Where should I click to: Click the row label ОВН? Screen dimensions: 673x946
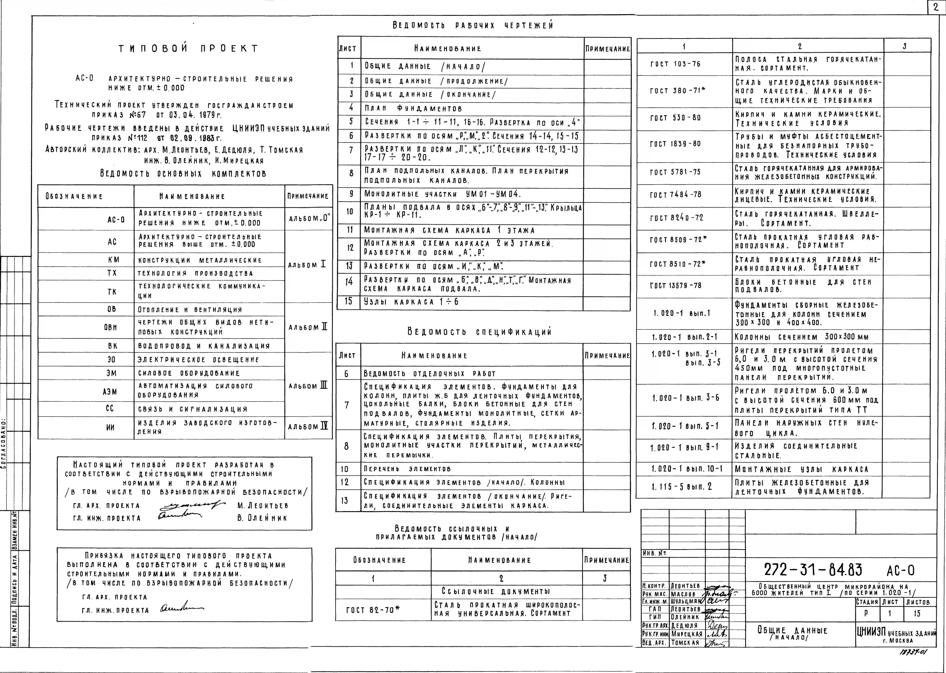(111, 327)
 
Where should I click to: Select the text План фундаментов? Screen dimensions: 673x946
(413, 109)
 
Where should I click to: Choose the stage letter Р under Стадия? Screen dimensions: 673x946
(866, 613)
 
